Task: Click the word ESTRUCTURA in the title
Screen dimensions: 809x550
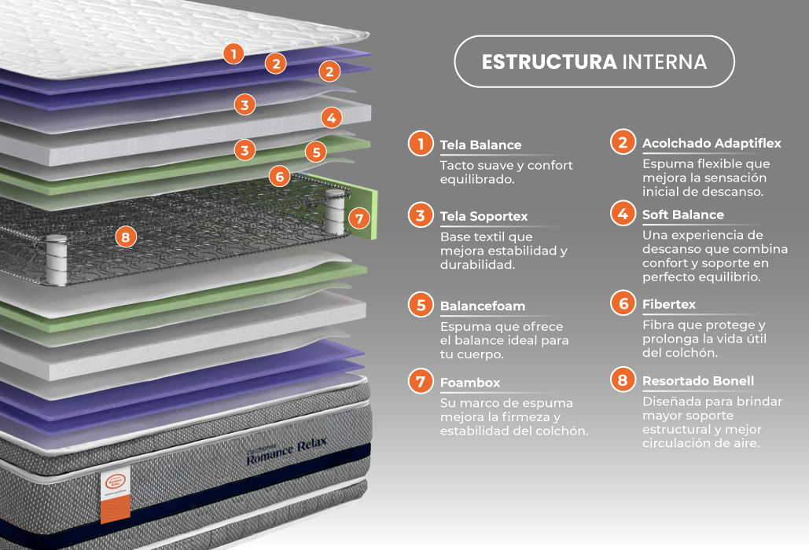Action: [549, 62]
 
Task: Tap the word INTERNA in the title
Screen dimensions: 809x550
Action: [664, 62]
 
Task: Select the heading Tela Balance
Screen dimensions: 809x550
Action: [480, 145]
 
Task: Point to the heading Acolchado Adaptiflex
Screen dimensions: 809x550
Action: [712, 143]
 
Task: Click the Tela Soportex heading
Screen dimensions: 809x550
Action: [484, 217]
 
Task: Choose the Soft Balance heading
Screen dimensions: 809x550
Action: [682, 214]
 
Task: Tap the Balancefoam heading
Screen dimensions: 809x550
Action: [483, 306]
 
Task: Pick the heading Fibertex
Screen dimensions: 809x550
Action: [668, 304]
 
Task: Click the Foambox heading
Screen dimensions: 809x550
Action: [470, 383]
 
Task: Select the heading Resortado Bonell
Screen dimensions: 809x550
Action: [698, 381]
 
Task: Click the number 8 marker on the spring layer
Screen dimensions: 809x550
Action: [126, 237]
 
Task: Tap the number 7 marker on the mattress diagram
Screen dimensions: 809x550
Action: [359, 218]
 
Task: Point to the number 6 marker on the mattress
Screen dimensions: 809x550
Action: [280, 177]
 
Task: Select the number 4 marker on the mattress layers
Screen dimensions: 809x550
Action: [332, 118]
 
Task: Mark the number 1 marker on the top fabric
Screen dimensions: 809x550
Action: [234, 53]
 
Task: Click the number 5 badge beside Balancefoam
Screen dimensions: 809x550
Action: [421, 305]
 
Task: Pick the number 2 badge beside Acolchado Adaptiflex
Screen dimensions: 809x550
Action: [623, 141]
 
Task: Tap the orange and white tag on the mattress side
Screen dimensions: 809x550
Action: [115, 495]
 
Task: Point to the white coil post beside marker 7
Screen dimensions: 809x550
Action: [335, 212]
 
